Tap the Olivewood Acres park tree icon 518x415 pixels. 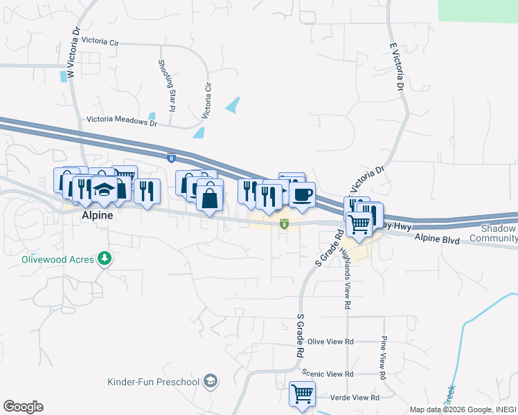coord(105,258)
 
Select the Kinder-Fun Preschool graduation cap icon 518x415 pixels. coord(211,381)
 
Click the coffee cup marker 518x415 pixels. coord(301,194)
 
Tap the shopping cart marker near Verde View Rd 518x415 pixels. coord(302,394)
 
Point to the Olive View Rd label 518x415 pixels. coord(330,342)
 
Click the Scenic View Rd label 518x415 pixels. coord(330,373)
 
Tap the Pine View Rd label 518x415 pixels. coord(382,353)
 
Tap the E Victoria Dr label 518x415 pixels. coord(398,66)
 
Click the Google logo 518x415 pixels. coord(23,407)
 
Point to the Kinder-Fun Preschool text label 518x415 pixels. coord(154,381)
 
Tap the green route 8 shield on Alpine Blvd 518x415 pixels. coord(284,223)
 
